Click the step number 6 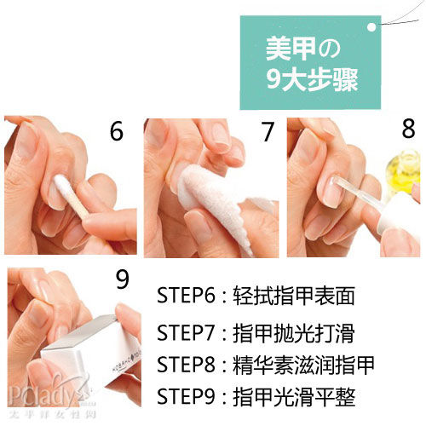pyautogui.click(x=117, y=131)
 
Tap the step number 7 pyautogui.click(x=268, y=131)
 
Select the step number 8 pyautogui.click(x=408, y=129)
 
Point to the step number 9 pyautogui.click(x=123, y=279)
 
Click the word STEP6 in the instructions pyautogui.click(x=186, y=296)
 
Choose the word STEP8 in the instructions pyautogui.click(x=186, y=365)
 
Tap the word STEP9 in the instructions pyautogui.click(x=186, y=396)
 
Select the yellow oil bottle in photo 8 pyautogui.click(x=403, y=173)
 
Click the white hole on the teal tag pyautogui.click(x=371, y=27)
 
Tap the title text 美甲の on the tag pyautogui.click(x=303, y=49)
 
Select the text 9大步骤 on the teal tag pyautogui.click(x=312, y=80)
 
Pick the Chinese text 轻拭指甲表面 pyautogui.click(x=294, y=296)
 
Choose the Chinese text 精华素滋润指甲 pyautogui.click(x=303, y=365)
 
